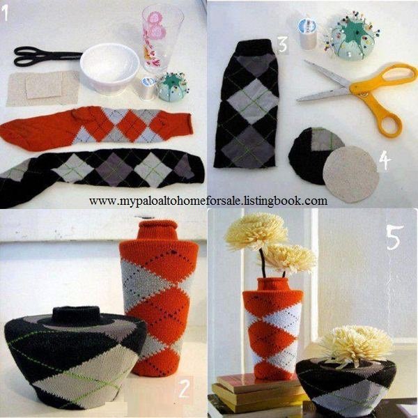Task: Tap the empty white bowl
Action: click(x=109, y=68)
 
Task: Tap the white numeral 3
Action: click(x=283, y=45)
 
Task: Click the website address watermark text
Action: click(x=208, y=201)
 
